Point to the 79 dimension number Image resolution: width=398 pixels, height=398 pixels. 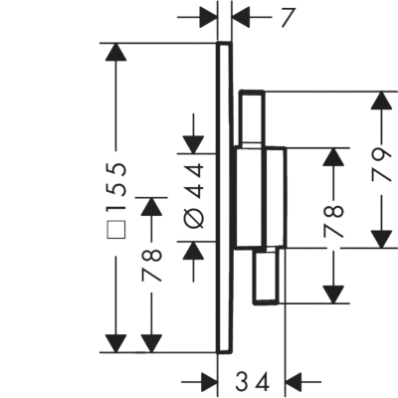click(380, 165)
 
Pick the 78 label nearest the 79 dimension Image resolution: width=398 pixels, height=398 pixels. click(333, 221)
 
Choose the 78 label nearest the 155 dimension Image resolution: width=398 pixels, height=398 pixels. click(151, 265)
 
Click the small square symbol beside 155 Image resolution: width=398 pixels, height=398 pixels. click(116, 229)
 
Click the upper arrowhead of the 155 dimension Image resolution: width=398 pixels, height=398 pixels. click(115, 52)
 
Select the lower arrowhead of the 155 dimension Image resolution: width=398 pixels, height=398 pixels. click(115, 343)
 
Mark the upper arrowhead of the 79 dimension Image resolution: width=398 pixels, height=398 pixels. click(380, 100)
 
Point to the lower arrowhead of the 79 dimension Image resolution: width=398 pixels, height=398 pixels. click(380, 239)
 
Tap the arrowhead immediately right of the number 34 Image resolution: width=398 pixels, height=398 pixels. click(294, 382)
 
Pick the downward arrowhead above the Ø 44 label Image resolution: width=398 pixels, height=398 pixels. click(193, 144)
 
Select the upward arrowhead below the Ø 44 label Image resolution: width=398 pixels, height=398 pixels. click(193, 251)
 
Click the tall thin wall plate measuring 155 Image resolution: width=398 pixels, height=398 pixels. click(224, 198)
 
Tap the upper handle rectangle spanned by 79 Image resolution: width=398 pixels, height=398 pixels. click(252, 117)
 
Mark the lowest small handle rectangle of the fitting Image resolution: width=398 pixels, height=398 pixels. click(266, 276)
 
